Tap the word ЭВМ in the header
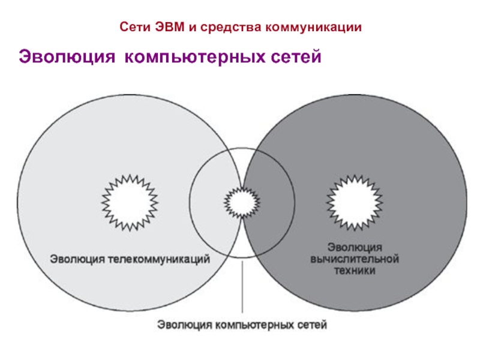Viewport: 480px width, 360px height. pos(165,27)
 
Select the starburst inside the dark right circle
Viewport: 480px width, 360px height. pos(354,202)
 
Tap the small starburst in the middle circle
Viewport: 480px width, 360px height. pos(242,203)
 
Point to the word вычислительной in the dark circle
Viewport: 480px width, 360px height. pos(355,259)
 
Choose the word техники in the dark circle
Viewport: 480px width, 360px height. pos(355,271)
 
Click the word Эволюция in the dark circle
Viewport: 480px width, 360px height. pos(355,247)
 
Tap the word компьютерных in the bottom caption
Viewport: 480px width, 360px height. pos(255,325)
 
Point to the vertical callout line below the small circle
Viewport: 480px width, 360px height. pos(242,288)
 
